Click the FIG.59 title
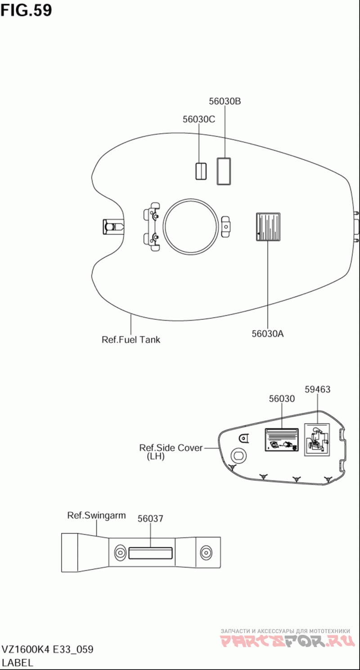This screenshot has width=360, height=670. [26, 10]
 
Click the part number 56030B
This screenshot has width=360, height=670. [225, 101]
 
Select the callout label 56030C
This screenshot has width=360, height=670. [199, 119]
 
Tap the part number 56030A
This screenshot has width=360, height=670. [267, 334]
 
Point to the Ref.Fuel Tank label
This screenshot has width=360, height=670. [131, 340]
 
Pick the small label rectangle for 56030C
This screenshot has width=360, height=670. [201, 171]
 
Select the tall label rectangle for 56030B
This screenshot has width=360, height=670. [224, 171]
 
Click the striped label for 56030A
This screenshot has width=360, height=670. [268, 227]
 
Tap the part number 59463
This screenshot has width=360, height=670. [318, 389]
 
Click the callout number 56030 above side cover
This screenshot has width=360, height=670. [282, 399]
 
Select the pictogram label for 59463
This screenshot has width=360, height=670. [317, 439]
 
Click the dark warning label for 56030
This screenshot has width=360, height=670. [282, 440]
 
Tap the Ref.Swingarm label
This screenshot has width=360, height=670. [96, 515]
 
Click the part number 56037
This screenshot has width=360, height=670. [150, 518]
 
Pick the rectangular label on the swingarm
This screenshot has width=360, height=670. [150, 554]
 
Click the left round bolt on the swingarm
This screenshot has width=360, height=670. [119, 552]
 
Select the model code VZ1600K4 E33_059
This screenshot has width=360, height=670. [48, 649]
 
